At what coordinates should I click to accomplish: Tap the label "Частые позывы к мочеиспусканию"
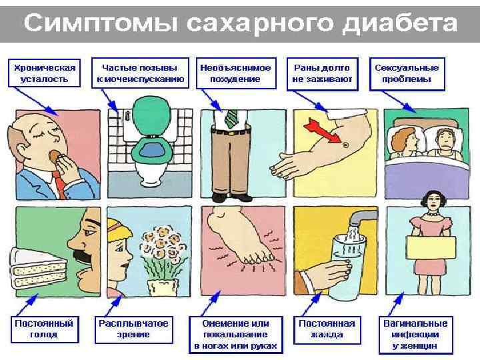coord(140,73)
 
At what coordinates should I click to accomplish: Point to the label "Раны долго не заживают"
coord(322,73)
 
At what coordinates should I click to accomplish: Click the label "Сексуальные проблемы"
coord(406,73)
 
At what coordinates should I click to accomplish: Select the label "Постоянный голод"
coord(43,328)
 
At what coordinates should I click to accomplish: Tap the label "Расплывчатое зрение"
coord(133,328)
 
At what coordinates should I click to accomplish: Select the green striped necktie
coord(231,119)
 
